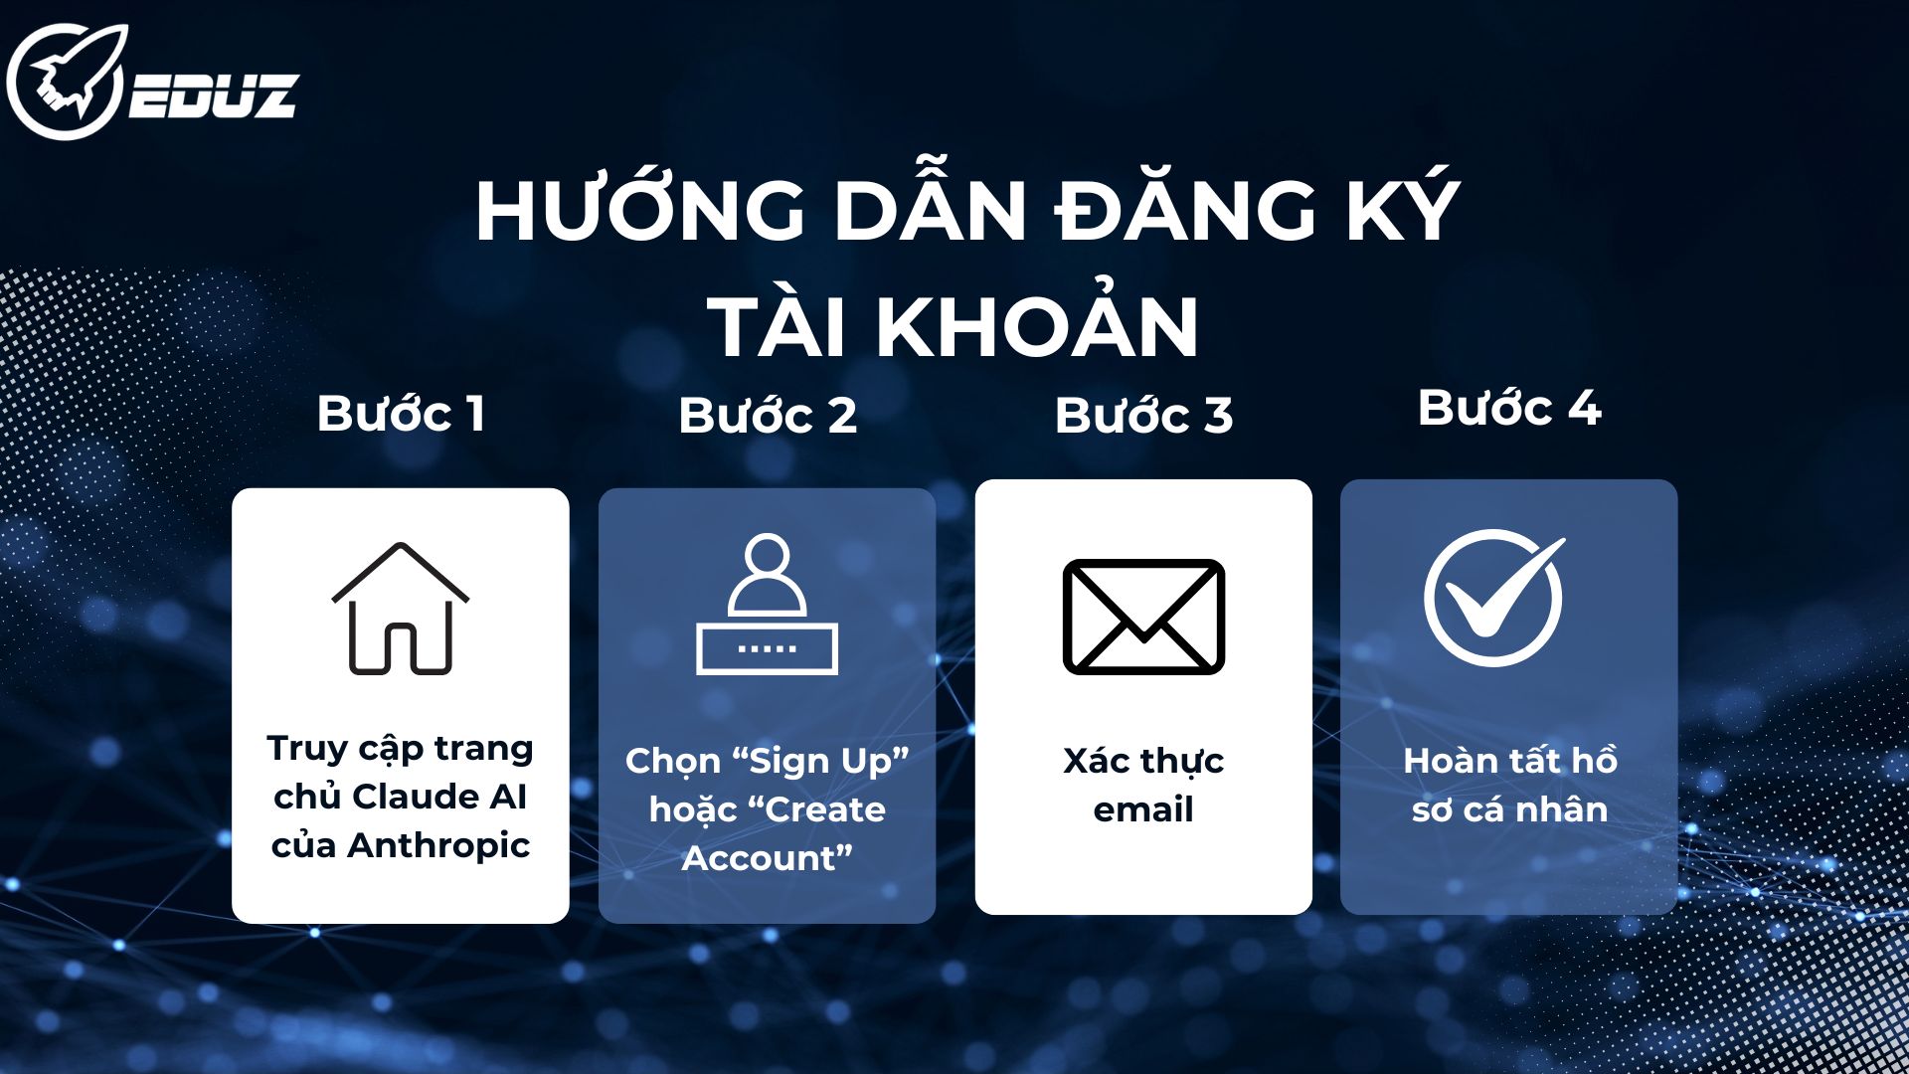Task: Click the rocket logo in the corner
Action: tap(68, 82)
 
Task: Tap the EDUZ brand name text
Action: tap(214, 96)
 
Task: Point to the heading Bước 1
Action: tap(401, 414)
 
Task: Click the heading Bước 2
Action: tap(768, 416)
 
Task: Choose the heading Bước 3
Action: tap(1143, 416)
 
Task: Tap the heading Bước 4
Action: tap(1509, 408)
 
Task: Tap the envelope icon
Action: tap(1143, 617)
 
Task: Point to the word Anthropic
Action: tap(438, 845)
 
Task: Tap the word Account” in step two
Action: tap(768, 858)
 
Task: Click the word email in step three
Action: tap(1143, 809)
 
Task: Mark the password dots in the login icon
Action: tap(767, 648)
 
